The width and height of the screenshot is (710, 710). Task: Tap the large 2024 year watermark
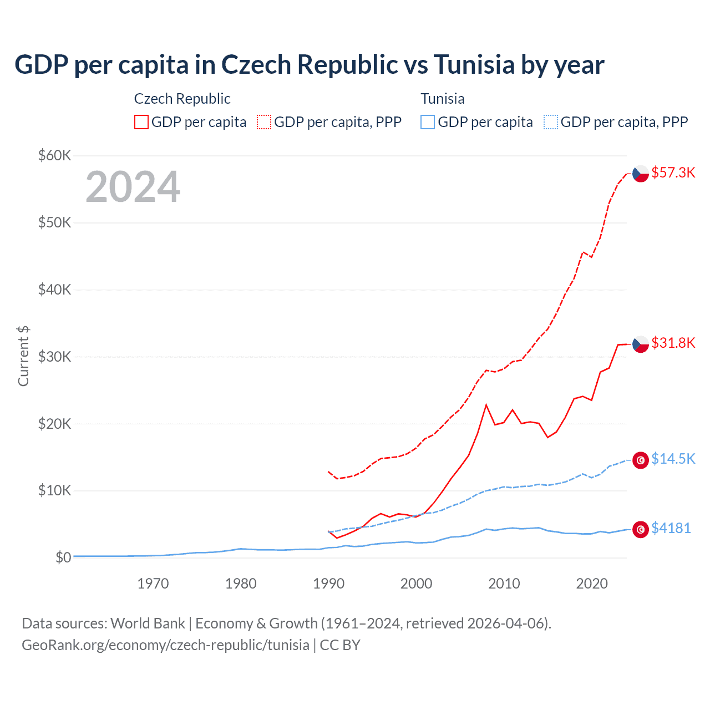(133, 187)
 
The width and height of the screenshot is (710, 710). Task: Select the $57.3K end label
(673, 173)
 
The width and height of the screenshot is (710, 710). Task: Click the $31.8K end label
(673, 343)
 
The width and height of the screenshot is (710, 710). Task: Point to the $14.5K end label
(673, 459)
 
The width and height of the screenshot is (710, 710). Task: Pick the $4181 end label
(671, 528)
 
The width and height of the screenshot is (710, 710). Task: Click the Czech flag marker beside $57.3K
(641, 174)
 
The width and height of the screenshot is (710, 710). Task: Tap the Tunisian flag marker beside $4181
(641, 530)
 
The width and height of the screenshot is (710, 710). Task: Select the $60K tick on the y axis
(54, 155)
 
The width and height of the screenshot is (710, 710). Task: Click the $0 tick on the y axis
(63, 557)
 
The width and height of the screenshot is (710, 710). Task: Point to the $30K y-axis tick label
(54, 357)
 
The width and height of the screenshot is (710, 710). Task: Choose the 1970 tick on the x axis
(153, 584)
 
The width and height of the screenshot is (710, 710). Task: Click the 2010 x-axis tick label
(504, 584)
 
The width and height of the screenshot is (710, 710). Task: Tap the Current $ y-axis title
(23, 356)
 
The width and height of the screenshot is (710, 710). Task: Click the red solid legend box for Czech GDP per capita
(141, 122)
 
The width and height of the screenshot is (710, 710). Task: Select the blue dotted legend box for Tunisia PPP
(551, 122)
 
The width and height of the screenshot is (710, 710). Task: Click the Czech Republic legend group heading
(182, 99)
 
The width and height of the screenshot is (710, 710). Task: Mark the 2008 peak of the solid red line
(486, 405)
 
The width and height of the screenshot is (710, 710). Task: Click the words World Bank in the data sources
(148, 623)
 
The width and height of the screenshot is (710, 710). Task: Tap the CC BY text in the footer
(340, 645)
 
